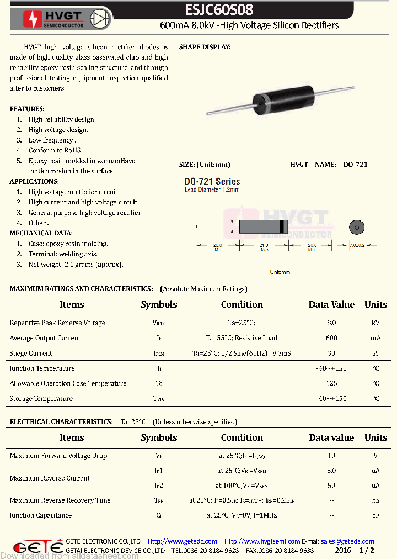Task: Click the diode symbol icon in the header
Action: (99, 19)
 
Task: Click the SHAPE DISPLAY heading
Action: (205, 48)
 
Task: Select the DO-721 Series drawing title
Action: (212, 182)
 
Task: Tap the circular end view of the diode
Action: (357, 226)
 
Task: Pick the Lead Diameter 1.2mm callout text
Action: (212, 190)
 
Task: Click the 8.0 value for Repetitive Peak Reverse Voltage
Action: (331, 323)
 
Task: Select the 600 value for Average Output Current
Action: (331, 338)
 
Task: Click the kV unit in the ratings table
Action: (375, 323)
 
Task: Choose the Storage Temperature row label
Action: (41, 399)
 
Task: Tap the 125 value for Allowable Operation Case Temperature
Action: (331, 383)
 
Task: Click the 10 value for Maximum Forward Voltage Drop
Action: (331, 456)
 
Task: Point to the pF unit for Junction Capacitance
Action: (375, 515)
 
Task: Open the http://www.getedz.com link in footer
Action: (183, 541)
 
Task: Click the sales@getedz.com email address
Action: (347, 541)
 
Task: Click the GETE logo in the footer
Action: (37, 546)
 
